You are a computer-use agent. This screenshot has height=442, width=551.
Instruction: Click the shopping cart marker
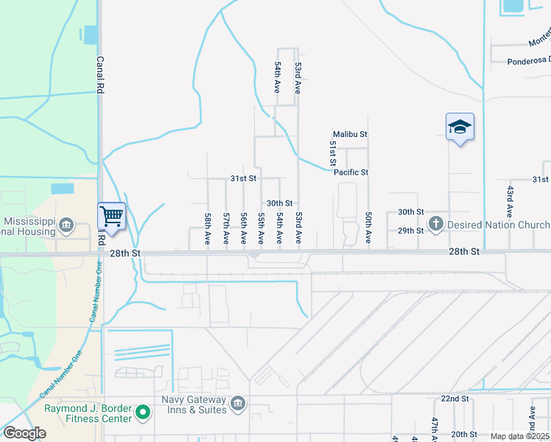tap(111, 216)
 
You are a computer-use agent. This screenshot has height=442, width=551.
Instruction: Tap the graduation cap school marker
tap(460, 127)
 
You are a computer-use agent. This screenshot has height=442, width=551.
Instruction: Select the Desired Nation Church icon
tap(435, 224)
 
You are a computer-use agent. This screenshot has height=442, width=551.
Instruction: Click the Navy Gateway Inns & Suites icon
tap(238, 403)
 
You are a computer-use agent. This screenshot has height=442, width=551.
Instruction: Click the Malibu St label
tap(350, 134)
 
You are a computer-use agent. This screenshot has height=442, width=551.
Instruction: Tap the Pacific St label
tap(351, 172)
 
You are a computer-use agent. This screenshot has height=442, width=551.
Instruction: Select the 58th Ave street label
tap(208, 229)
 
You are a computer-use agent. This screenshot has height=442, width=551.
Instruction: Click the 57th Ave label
tap(226, 229)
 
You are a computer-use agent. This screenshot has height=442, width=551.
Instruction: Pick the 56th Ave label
tap(244, 229)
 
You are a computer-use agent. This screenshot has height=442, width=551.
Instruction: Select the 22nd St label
tap(455, 399)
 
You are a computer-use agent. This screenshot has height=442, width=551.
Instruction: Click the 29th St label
tap(410, 231)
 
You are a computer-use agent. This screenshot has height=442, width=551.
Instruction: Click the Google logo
tap(24, 433)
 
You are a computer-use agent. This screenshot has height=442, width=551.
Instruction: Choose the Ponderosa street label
tap(529, 62)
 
